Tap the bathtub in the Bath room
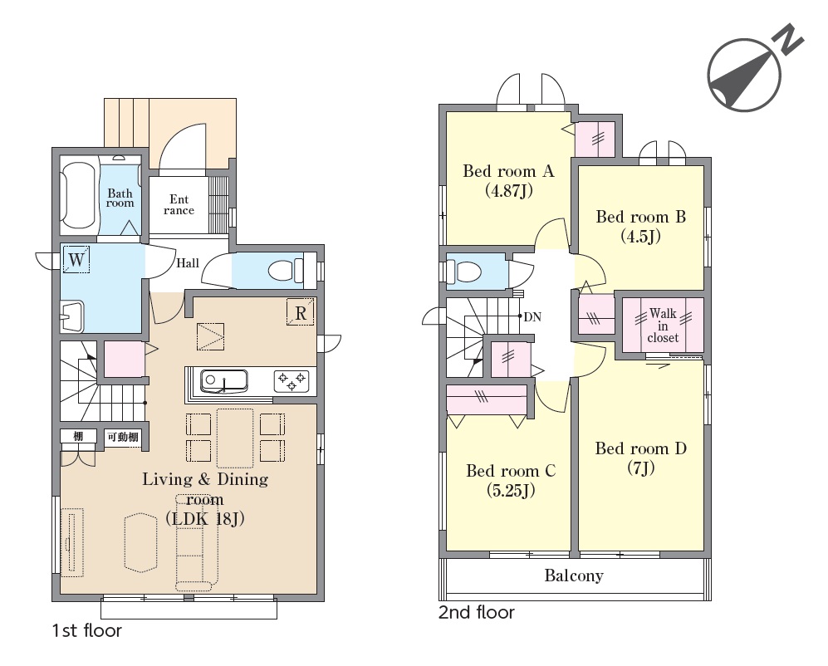pos(78,194)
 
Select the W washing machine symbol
pos(76,259)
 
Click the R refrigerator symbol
pos(301,313)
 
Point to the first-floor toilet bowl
pos(286,271)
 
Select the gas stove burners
pos(291,381)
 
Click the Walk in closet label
pos(663,326)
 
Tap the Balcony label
pos(574,575)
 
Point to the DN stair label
pos(532,317)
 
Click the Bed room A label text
pos(508,171)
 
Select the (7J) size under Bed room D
pos(641,468)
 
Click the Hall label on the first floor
pos(188,263)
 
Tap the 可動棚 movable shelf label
pos(123,437)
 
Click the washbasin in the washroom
pos(71,317)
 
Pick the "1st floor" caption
pos(87,630)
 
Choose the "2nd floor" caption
pos(477,612)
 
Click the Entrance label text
pos(179,204)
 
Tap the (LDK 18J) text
pos(205,519)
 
